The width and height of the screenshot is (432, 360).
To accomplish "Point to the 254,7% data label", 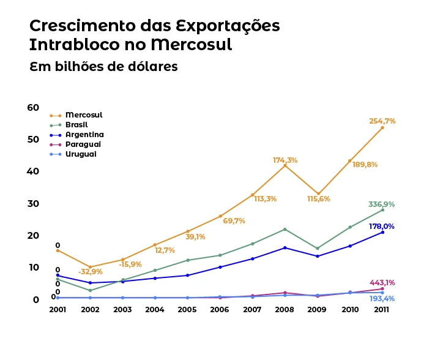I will (382, 121).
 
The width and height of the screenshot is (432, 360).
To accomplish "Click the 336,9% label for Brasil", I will (381, 204).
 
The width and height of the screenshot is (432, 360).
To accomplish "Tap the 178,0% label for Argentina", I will (381, 227).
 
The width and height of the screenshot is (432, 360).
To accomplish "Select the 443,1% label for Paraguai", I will (382, 283).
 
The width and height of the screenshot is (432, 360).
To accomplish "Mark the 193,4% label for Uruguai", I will (382, 299).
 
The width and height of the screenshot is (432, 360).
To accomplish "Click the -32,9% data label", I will (90, 272).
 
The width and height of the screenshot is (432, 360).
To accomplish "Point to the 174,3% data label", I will (285, 160).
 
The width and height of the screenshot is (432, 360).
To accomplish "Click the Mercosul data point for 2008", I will (285, 165).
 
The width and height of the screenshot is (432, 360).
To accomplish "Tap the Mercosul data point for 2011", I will (382, 127).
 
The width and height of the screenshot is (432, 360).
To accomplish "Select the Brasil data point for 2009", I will (317, 249).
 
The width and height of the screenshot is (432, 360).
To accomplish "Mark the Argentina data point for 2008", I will (285, 247).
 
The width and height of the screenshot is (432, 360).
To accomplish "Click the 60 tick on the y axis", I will (33, 108).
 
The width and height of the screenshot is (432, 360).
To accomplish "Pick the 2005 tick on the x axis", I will (187, 310).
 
